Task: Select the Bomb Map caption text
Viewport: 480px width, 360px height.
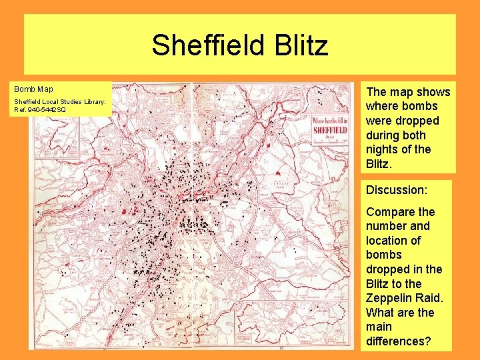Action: pyautogui.click(x=34, y=89)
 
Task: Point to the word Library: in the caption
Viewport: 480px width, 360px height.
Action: pyautogui.click(x=93, y=101)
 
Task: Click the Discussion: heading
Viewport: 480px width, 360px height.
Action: pyautogui.click(x=396, y=190)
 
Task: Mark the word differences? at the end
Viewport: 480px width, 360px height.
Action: pyautogui.click(x=398, y=341)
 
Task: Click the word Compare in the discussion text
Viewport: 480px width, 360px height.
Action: pyautogui.click(x=390, y=212)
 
